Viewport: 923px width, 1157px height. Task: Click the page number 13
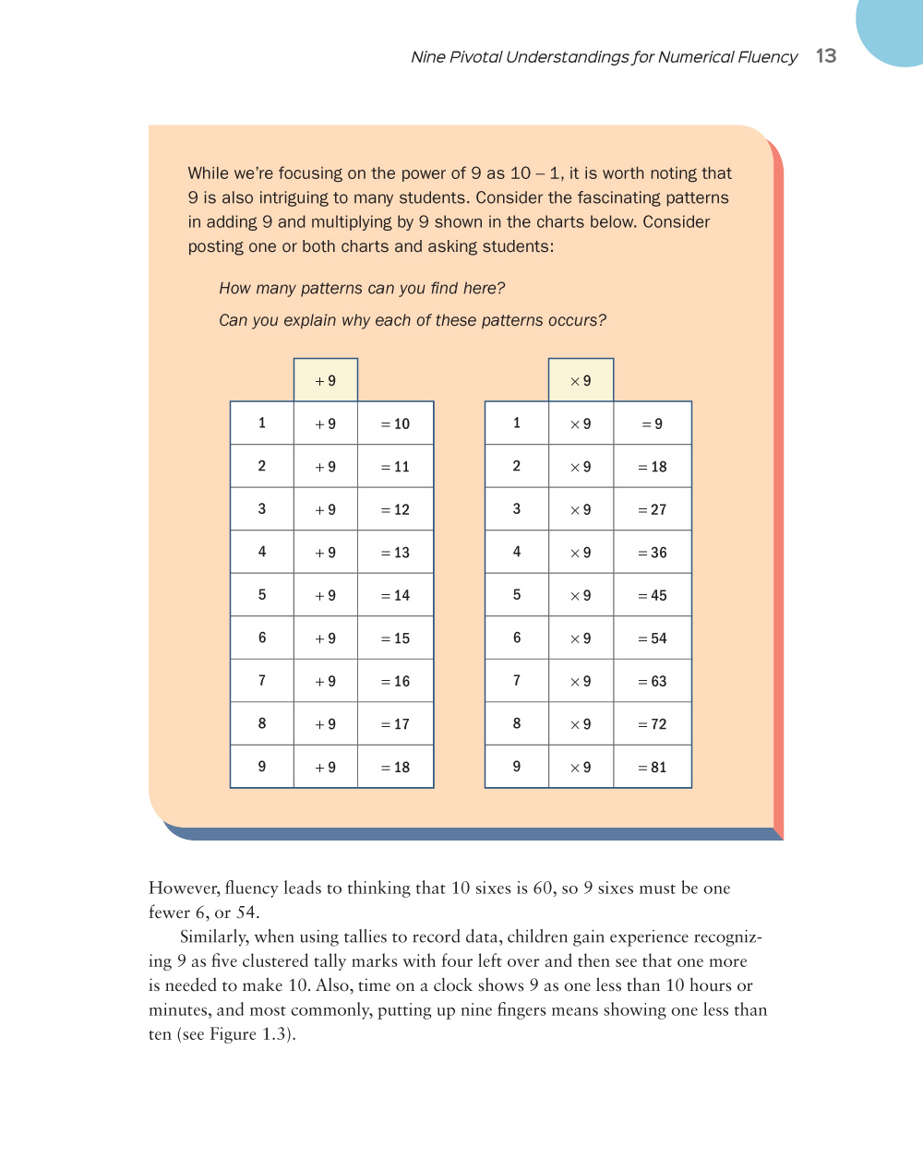[825, 55]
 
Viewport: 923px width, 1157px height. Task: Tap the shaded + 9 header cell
[326, 380]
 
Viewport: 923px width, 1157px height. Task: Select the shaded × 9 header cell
[581, 380]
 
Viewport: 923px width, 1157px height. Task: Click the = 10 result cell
[395, 423]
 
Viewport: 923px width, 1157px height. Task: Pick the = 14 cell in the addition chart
[395, 595]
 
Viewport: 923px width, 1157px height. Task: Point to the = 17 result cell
[395, 724]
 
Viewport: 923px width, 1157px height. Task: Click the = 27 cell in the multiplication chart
[652, 509]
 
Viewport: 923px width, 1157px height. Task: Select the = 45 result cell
[652, 595]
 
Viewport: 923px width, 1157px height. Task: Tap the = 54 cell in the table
[652, 638]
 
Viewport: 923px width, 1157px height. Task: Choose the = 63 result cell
[652, 681]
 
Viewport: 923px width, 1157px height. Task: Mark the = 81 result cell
[652, 767]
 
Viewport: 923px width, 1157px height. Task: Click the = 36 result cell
[652, 553]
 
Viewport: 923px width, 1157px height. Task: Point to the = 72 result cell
[652, 724]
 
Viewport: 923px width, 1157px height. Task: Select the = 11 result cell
[395, 467]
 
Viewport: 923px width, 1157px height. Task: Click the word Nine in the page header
[428, 57]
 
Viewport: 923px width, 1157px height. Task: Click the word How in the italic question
[234, 289]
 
